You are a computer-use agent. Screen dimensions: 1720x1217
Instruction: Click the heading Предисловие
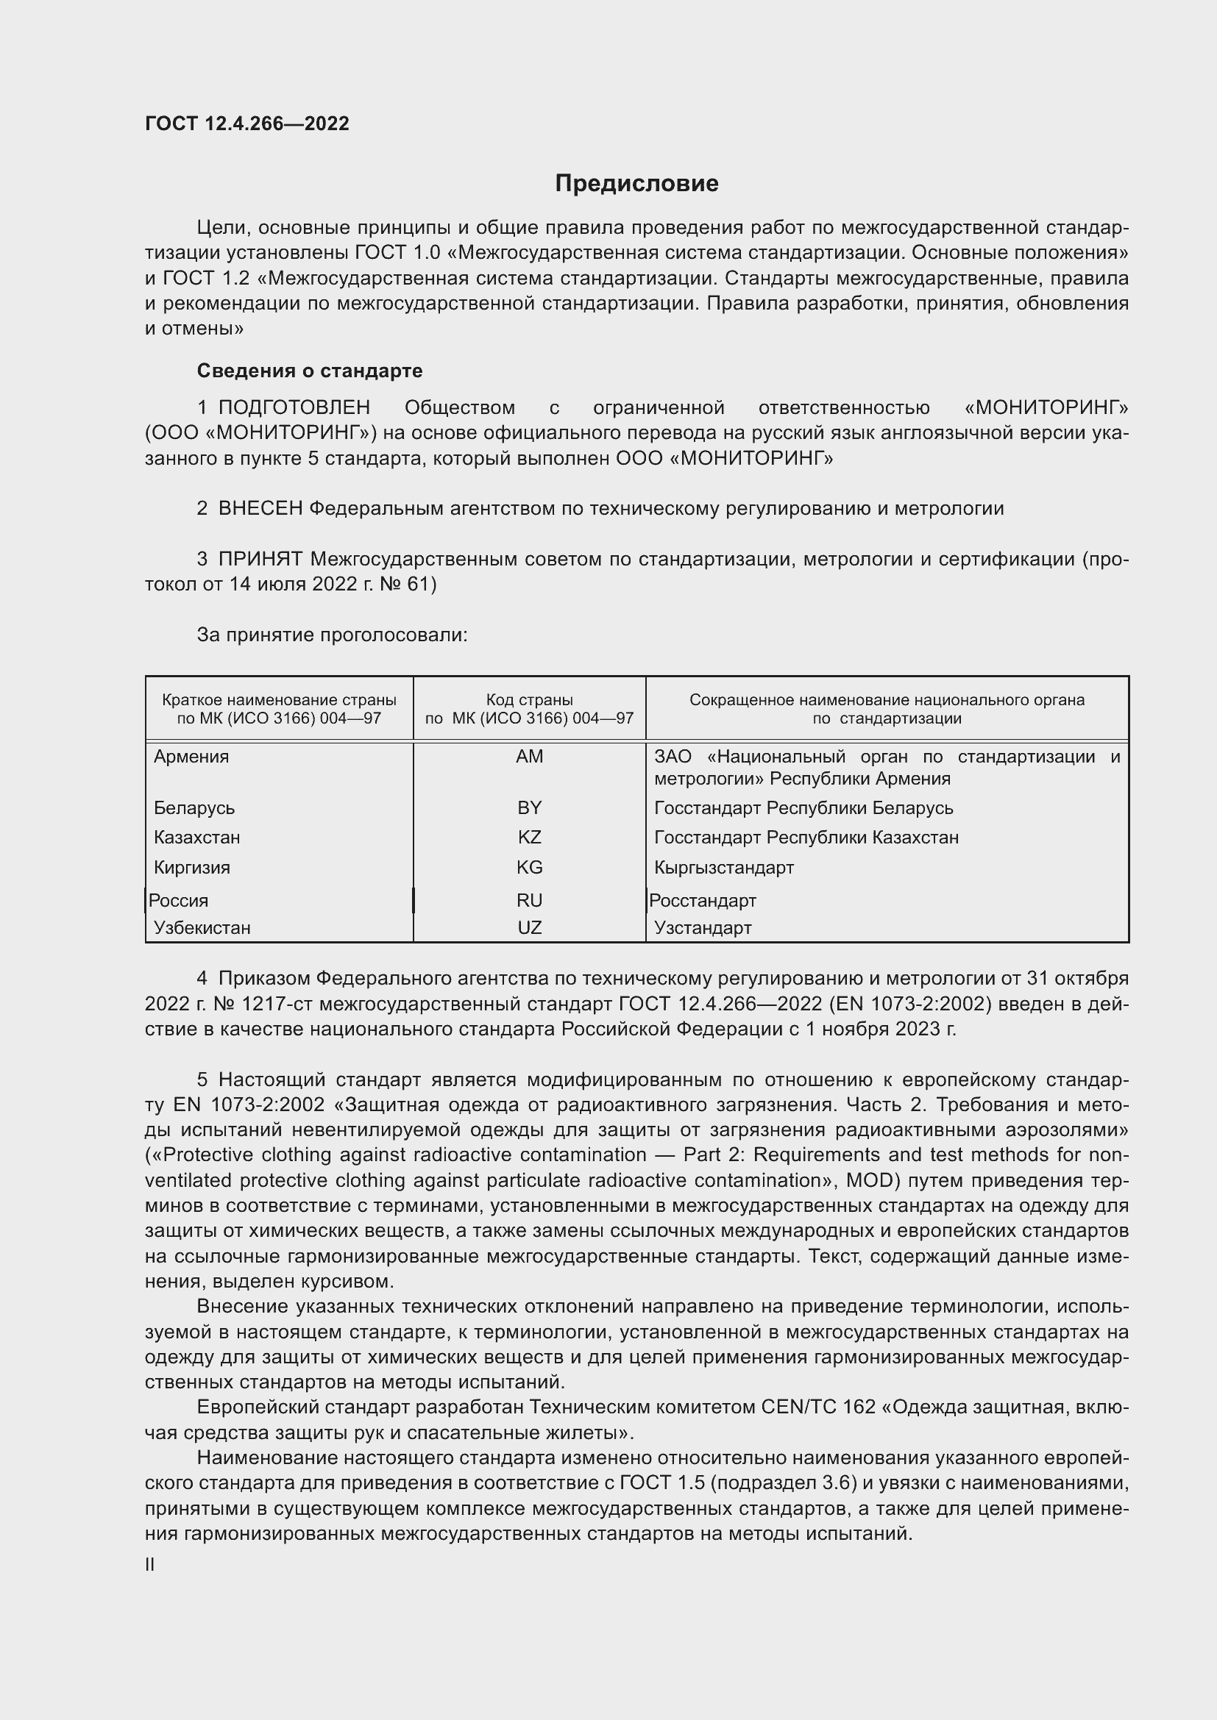pos(636,184)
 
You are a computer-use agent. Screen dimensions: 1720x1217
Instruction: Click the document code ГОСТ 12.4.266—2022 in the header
pos(247,124)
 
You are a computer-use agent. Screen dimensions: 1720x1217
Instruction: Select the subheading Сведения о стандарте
pos(310,371)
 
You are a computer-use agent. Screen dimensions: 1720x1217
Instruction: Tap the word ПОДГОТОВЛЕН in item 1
pos(294,407)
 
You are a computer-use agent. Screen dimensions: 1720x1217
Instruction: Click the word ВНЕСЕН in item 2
pos(260,509)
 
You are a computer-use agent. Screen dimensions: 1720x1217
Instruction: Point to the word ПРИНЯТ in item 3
pos(260,559)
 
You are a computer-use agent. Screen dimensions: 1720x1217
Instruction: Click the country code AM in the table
pos(529,757)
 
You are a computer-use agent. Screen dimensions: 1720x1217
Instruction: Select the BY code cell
pos(529,807)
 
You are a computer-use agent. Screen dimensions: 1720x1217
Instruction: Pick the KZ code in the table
pos(529,837)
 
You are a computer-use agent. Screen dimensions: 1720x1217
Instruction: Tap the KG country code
pos(529,868)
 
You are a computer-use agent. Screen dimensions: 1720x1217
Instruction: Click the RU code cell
pos(529,901)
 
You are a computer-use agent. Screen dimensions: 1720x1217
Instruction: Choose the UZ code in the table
pos(529,927)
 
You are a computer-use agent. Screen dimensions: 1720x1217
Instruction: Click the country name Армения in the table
pos(191,757)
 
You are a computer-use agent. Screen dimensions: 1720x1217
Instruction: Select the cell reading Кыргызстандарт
pos(723,868)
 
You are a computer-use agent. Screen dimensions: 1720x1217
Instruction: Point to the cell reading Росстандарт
pos(702,901)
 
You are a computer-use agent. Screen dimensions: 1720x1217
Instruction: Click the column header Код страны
pos(529,699)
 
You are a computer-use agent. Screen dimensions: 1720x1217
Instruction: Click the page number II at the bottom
pos(150,1565)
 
